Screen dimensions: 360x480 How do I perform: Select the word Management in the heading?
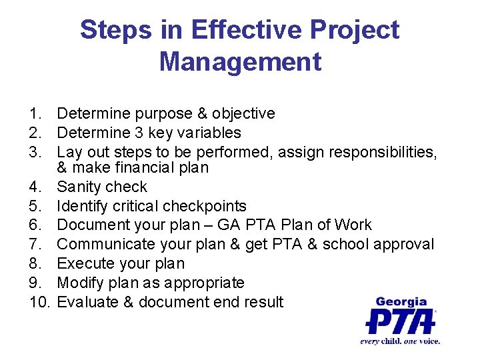point(240,62)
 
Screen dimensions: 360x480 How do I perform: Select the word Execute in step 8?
point(84,263)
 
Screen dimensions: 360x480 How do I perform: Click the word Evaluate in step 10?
point(86,302)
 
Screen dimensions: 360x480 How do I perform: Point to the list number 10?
point(41,302)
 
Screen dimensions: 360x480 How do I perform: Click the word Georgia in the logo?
point(401,302)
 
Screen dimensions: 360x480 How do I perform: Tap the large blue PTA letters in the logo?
point(400,321)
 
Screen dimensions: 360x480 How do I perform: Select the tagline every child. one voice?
point(400,341)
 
